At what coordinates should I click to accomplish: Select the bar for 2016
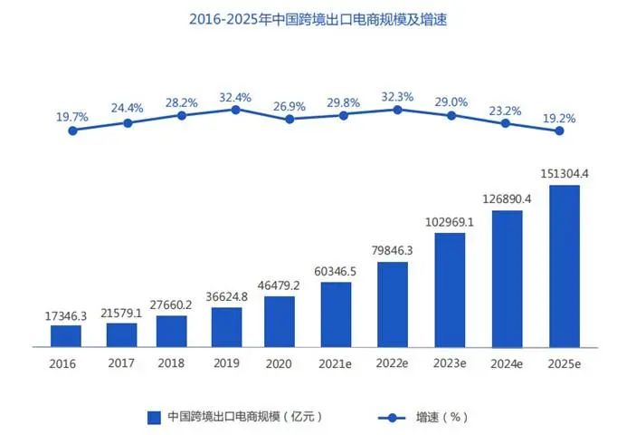pos(66,336)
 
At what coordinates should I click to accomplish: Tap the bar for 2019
pos(226,327)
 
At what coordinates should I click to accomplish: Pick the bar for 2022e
pos(392,304)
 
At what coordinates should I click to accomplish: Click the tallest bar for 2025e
pos(564,266)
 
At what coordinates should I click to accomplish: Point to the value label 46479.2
pos(287,285)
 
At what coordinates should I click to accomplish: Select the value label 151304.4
pos(560,174)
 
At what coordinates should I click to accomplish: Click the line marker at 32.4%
pos(235,110)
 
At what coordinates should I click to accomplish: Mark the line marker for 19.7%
pos(72,130)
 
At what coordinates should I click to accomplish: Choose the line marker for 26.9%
pos(290,119)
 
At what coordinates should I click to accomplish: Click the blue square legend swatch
pos(153,417)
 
